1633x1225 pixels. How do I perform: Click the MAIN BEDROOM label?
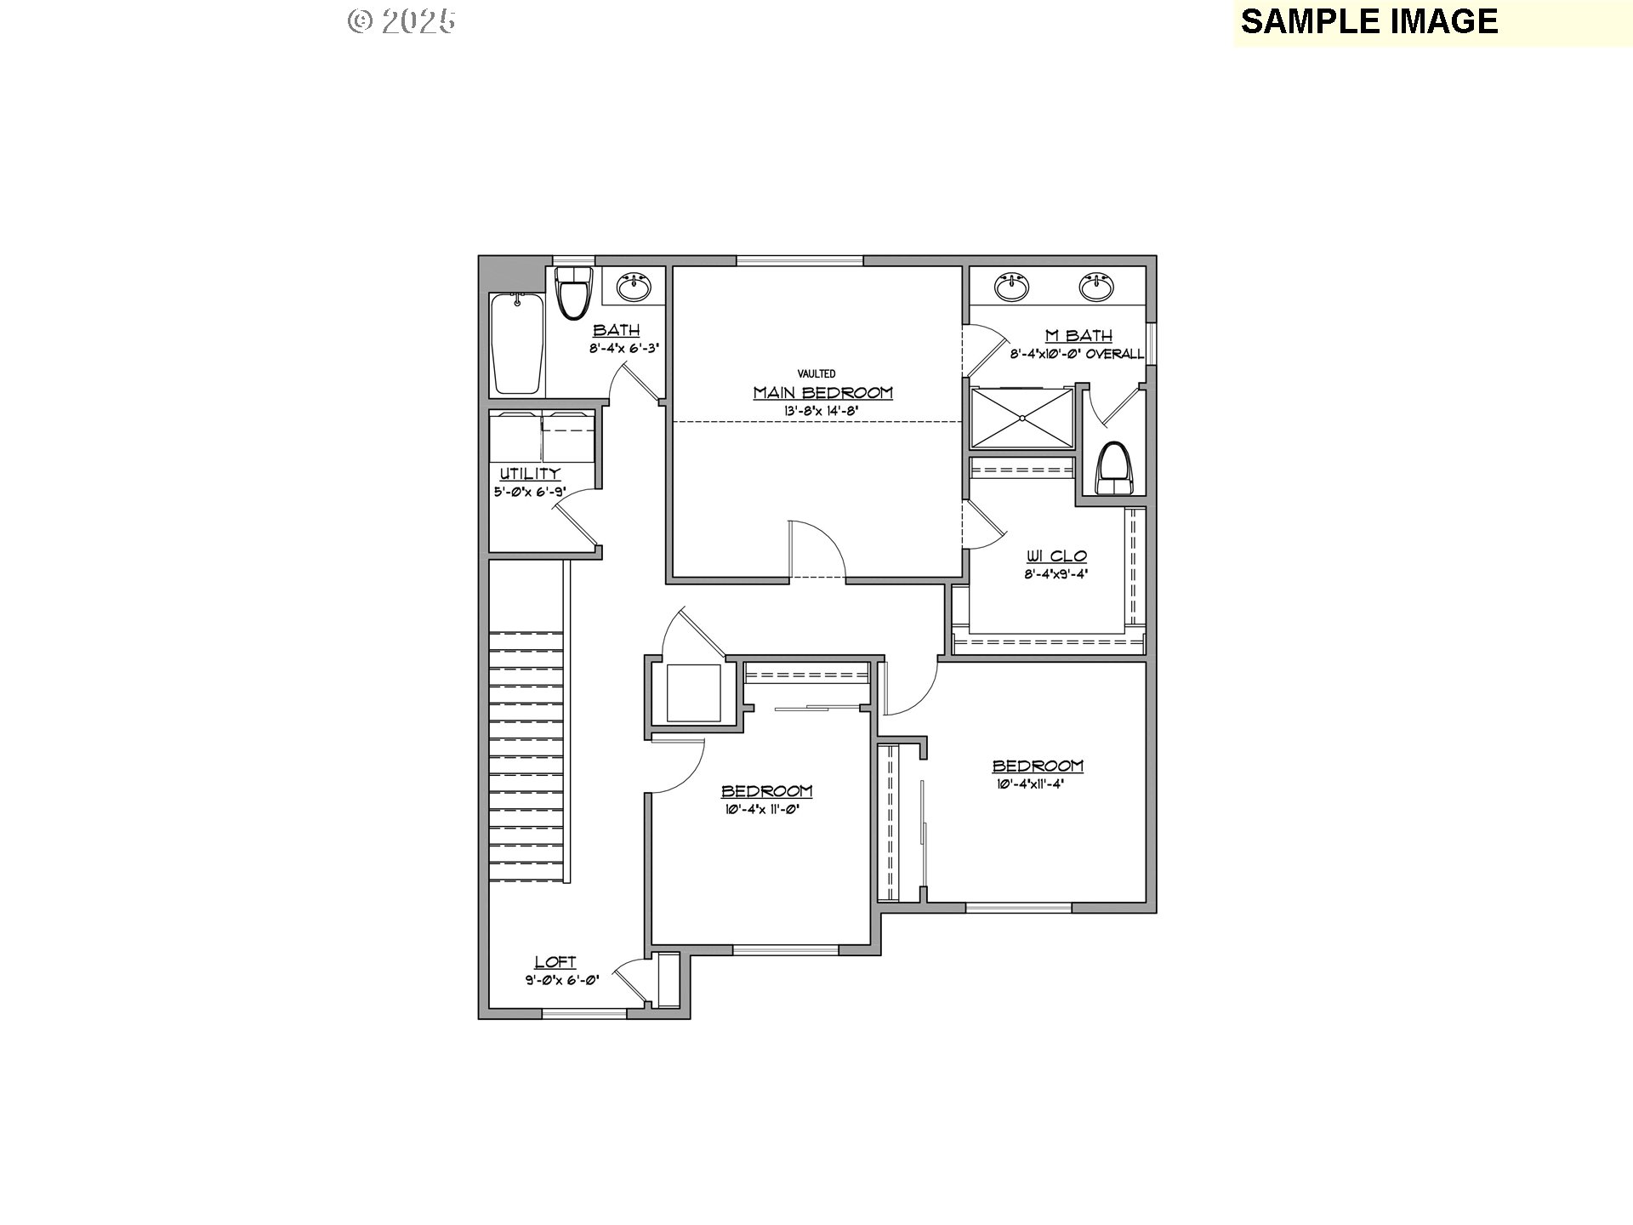click(x=822, y=393)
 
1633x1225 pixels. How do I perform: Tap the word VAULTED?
click(x=816, y=373)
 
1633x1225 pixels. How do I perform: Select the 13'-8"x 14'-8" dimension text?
click(x=822, y=411)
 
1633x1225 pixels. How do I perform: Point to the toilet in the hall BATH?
click(x=573, y=293)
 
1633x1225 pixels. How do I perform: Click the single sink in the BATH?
click(x=634, y=288)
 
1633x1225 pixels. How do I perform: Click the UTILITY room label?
click(x=530, y=474)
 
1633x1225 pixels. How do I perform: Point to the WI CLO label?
click(x=1056, y=556)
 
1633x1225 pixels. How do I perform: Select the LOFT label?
click(x=555, y=962)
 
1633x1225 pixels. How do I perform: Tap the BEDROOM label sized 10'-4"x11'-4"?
click(x=1038, y=766)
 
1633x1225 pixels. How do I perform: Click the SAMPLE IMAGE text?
click(x=1368, y=21)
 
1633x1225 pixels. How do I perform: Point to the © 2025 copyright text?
click(x=401, y=21)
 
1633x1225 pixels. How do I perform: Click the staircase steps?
click(x=526, y=757)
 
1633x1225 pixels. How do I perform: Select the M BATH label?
click(x=1077, y=336)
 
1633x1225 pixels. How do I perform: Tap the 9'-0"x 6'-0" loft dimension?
click(x=562, y=980)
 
